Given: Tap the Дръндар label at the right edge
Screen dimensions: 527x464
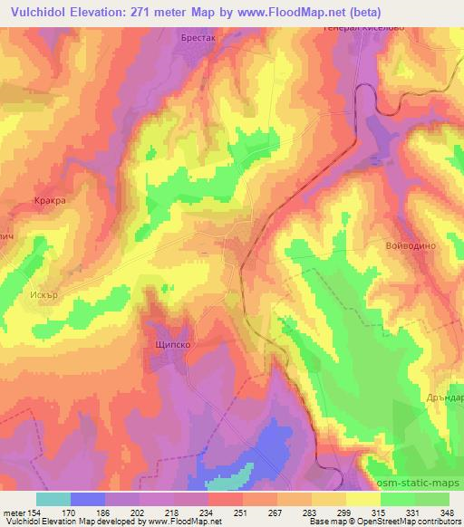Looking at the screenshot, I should point(444,398).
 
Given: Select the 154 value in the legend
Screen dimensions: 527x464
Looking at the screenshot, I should point(37,512).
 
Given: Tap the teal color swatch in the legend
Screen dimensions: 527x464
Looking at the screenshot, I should point(53,499).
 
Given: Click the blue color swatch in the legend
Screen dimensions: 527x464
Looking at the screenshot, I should point(86,499).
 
